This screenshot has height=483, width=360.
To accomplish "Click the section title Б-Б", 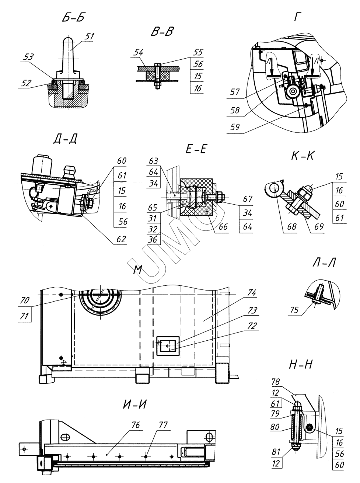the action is [x=73, y=17].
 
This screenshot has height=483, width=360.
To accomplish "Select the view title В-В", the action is [x=162, y=31].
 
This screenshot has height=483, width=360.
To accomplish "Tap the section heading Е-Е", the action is [x=196, y=149].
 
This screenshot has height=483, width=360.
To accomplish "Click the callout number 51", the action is [x=89, y=36].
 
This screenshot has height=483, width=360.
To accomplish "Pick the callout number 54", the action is [x=138, y=53].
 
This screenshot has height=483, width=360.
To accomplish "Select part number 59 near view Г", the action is [x=235, y=127].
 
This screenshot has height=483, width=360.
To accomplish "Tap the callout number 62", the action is [x=121, y=239].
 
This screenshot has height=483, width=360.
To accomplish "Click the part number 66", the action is [x=223, y=227].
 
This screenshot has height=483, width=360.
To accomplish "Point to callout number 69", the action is [x=319, y=227].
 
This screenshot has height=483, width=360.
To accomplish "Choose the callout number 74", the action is [x=252, y=293].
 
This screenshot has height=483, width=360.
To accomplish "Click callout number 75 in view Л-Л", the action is [x=294, y=310].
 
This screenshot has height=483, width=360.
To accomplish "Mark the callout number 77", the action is [x=163, y=425].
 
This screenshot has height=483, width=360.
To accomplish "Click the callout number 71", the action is [x=24, y=316].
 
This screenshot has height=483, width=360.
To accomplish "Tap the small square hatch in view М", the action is [x=168, y=346].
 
